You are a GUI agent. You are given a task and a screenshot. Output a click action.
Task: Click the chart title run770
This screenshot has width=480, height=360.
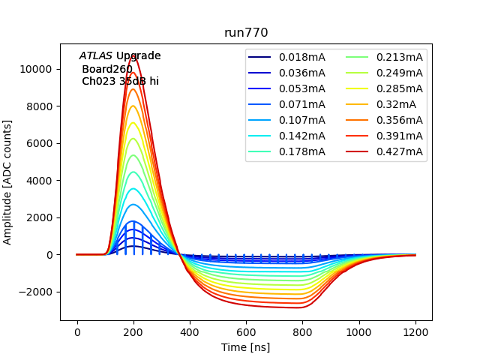[x=246, y=33]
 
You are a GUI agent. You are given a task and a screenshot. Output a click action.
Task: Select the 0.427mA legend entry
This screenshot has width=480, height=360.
[x=399, y=152]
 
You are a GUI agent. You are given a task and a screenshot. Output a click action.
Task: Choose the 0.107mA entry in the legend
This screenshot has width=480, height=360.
[x=301, y=120]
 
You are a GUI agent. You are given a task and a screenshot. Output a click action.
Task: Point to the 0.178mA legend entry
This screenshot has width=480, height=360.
[x=301, y=152]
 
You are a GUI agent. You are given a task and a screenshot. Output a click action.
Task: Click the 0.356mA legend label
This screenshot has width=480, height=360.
[x=399, y=120]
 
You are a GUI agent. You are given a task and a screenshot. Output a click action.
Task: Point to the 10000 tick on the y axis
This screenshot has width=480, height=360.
[x=37, y=69]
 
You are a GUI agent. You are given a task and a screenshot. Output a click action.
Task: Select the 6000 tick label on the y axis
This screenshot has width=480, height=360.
[x=40, y=143]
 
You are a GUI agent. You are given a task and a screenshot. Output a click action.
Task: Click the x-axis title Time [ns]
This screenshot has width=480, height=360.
[x=246, y=347]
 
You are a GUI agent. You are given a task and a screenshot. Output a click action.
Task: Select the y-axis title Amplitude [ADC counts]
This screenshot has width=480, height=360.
[x=8, y=181]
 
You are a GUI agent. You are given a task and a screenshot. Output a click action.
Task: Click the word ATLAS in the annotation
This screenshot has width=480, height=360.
[x=95, y=56]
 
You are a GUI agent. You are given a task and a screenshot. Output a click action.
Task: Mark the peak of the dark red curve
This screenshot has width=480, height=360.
[x=133, y=55]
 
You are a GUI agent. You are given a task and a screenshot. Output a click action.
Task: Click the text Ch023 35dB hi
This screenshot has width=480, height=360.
[x=120, y=81]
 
